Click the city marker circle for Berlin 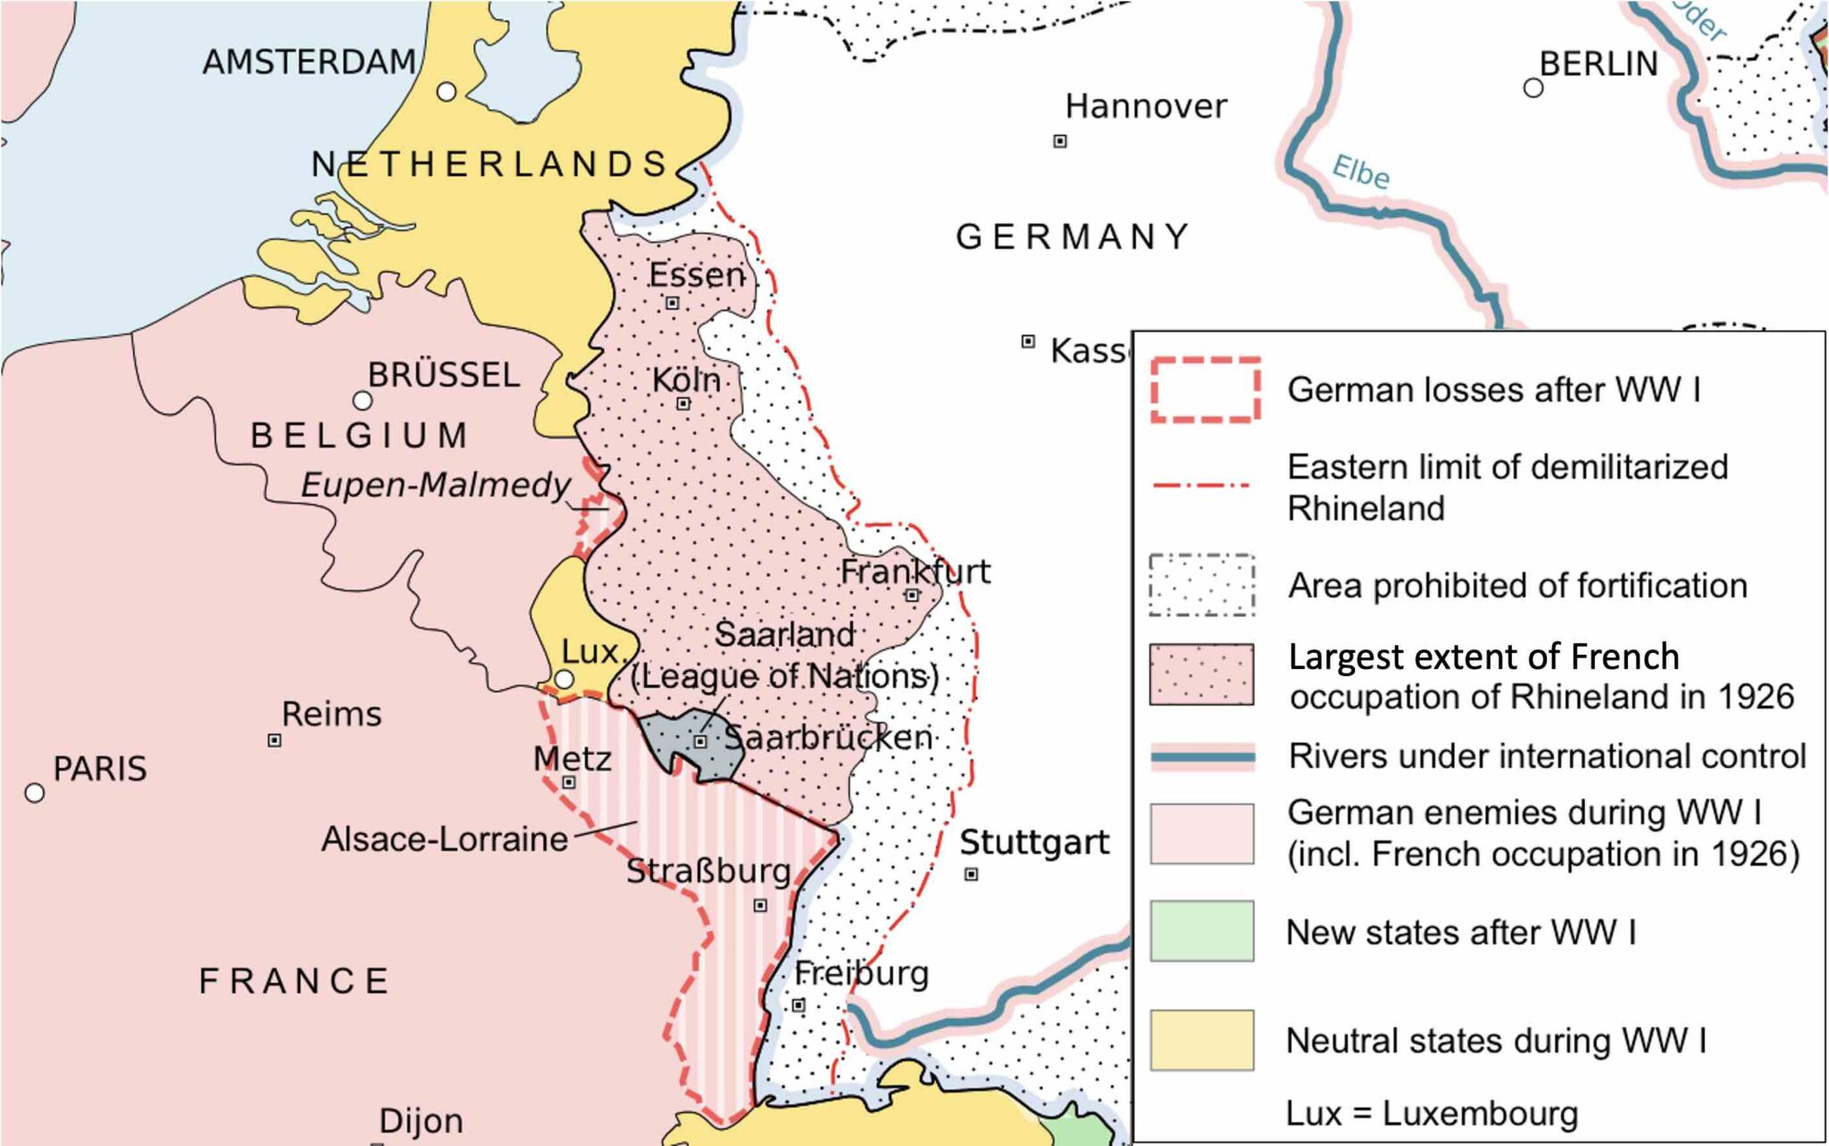pos(1533,88)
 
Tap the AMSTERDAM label pos(309,62)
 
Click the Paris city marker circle pos(35,792)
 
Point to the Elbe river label pos(1360,171)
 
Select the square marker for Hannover pos(1060,141)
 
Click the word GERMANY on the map pos(1073,237)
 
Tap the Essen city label pos(696,274)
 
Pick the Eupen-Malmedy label pos(435,485)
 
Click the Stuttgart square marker pos(972,874)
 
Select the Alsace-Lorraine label pos(444,839)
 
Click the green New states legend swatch pos(1201,931)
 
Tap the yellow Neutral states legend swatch pos(1201,1040)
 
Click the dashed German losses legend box pos(1205,389)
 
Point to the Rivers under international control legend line pos(1202,757)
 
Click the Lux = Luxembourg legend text pos(1432,1113)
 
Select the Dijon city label pos(421,1120)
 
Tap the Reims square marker pos(275,740)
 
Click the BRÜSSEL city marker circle pos(362,399)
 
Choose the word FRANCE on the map pos(294,981)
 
